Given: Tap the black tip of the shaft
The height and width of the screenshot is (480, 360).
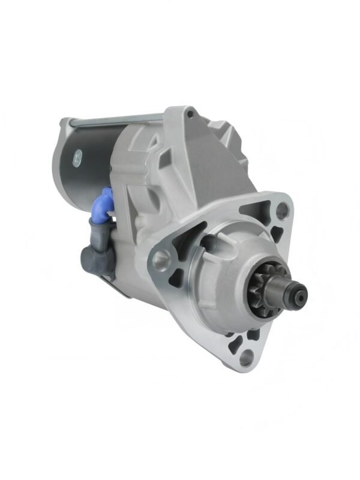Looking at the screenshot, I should (299, 293).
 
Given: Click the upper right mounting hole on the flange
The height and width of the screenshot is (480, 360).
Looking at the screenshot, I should (280, 210).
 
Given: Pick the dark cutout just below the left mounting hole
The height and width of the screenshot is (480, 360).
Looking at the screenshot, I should (176, 279).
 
